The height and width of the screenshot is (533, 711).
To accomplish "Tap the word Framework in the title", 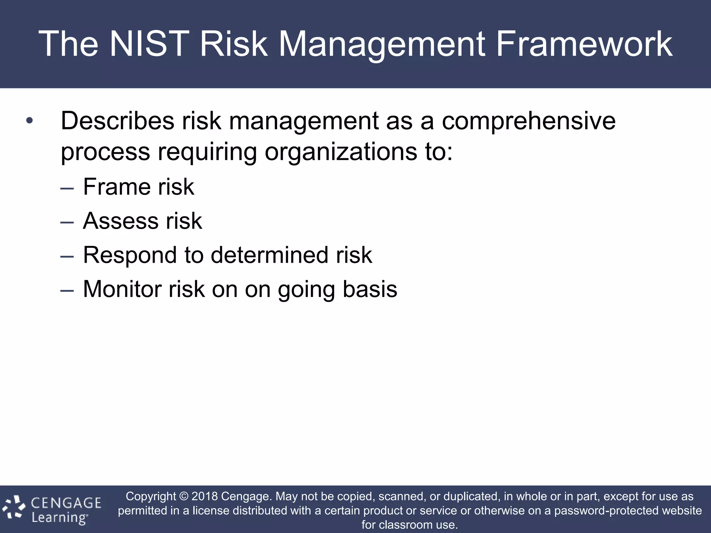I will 584,44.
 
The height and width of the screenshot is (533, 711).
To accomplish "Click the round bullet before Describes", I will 30,121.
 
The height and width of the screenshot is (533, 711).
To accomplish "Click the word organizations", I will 341,152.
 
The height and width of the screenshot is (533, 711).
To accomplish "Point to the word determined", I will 269,255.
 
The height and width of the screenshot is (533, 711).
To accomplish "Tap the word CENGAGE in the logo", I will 66,503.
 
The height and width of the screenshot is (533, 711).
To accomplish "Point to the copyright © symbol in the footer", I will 184,496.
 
